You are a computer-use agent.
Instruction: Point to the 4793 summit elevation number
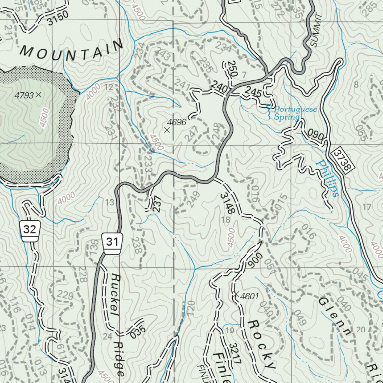click(24, 95)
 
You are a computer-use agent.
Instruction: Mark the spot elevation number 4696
click(177, 122)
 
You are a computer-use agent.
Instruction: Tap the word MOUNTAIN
click(71, 49)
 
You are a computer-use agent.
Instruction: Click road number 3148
click(227, 203)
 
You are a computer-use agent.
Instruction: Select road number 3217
click(233, 353)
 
